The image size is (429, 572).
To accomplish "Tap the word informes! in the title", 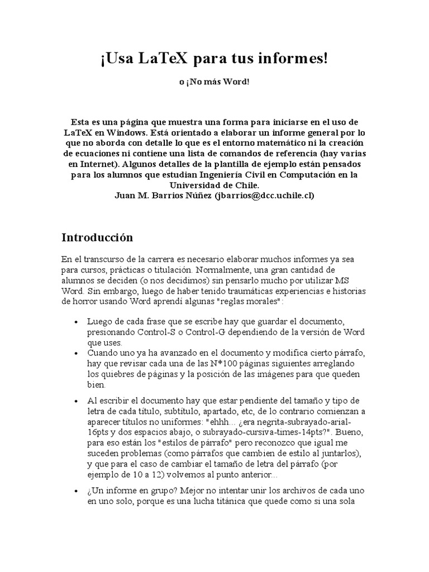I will pyautogui.click(x=292, y=59).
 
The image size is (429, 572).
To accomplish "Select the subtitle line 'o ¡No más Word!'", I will pyautogui.click(x=214, y=82).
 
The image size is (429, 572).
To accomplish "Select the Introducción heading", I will pyautogui.click(x=97, y=237).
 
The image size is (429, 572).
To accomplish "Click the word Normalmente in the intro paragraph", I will pyautogui.click(x=235, y=270).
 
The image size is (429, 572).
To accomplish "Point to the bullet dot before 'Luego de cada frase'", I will pyautogui.click(x=75, y=322).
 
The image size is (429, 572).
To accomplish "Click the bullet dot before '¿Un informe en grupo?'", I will pyautogui.click(x=75, y=490).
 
